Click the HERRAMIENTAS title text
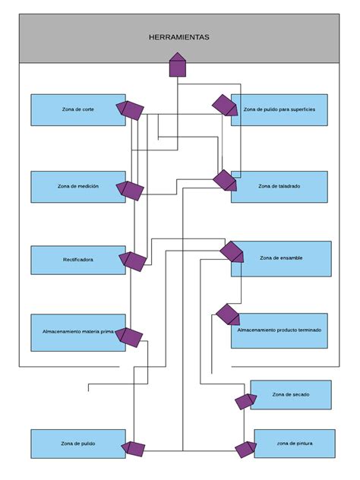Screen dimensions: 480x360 point(179,36)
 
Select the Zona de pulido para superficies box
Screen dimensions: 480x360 point(279,109)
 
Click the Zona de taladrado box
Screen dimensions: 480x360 point(279,186)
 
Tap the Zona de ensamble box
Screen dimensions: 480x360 point(281,258)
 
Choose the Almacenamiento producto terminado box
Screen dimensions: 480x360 point(279,330)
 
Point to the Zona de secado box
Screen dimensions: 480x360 point(291,394)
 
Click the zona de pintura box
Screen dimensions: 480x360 point(294,443)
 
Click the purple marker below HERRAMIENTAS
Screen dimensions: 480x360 point(177,65)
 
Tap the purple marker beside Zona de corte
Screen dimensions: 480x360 point(131,110)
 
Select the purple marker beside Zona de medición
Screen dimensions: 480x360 point(131,190)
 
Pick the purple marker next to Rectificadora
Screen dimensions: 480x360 point(134,261)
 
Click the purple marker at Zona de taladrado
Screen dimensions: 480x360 point(225,181)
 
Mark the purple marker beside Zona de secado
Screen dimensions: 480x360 point(245,401)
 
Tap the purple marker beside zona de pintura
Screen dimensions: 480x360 point(245,449)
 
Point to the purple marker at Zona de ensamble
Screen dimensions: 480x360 point(232,251)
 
